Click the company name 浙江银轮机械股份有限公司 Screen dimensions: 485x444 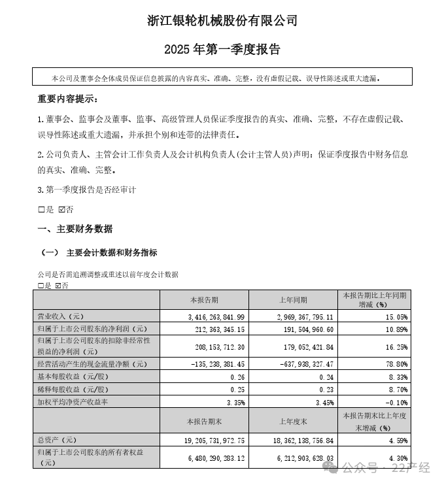click(222, 21)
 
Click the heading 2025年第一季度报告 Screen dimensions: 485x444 click(222, 50)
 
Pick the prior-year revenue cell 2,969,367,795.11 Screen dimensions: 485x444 click(298, 316)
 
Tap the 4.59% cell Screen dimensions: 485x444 click(394, 441)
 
